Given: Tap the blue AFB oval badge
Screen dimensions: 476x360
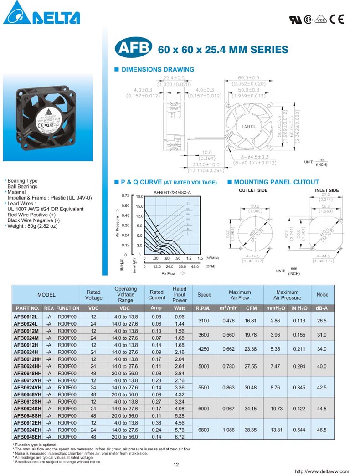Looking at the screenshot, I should point(133,49).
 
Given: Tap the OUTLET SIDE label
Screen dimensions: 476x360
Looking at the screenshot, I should point(253,190).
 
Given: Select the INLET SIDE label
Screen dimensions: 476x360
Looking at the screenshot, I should point(327,190).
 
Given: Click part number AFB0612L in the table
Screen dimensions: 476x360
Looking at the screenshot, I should point(26,316).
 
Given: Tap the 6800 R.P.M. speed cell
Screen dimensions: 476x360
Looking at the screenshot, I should point(204,430).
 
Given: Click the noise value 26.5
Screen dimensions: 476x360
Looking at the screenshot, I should point(322,321).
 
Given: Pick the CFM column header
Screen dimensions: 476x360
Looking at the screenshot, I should point(251,308).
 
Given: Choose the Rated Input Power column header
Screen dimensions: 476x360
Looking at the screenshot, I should point(180,294).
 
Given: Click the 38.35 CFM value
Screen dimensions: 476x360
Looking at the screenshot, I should point(251,430).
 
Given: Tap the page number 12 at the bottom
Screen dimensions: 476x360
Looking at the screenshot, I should point(176,465).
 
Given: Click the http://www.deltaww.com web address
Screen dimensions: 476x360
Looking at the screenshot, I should point(322,471).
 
